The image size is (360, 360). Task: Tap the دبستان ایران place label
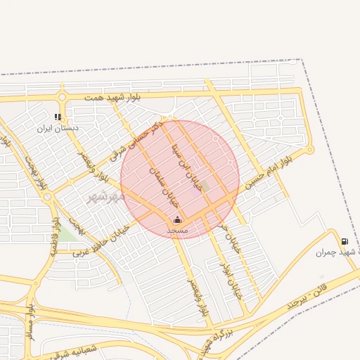click(59, 129)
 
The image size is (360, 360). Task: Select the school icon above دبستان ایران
click(58, 117)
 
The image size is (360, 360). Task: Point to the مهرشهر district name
click(105, 196)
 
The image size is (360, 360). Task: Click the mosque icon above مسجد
click(177, 219)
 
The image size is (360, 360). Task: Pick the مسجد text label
click(177, 230)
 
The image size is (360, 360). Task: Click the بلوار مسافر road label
click(30, 323)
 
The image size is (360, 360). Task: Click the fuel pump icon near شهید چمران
click(344, 241)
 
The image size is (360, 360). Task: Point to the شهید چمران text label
click(333, 252)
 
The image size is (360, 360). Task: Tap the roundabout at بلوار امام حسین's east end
click(309, 149)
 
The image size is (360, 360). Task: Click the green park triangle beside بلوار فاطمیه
click(67, 233)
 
